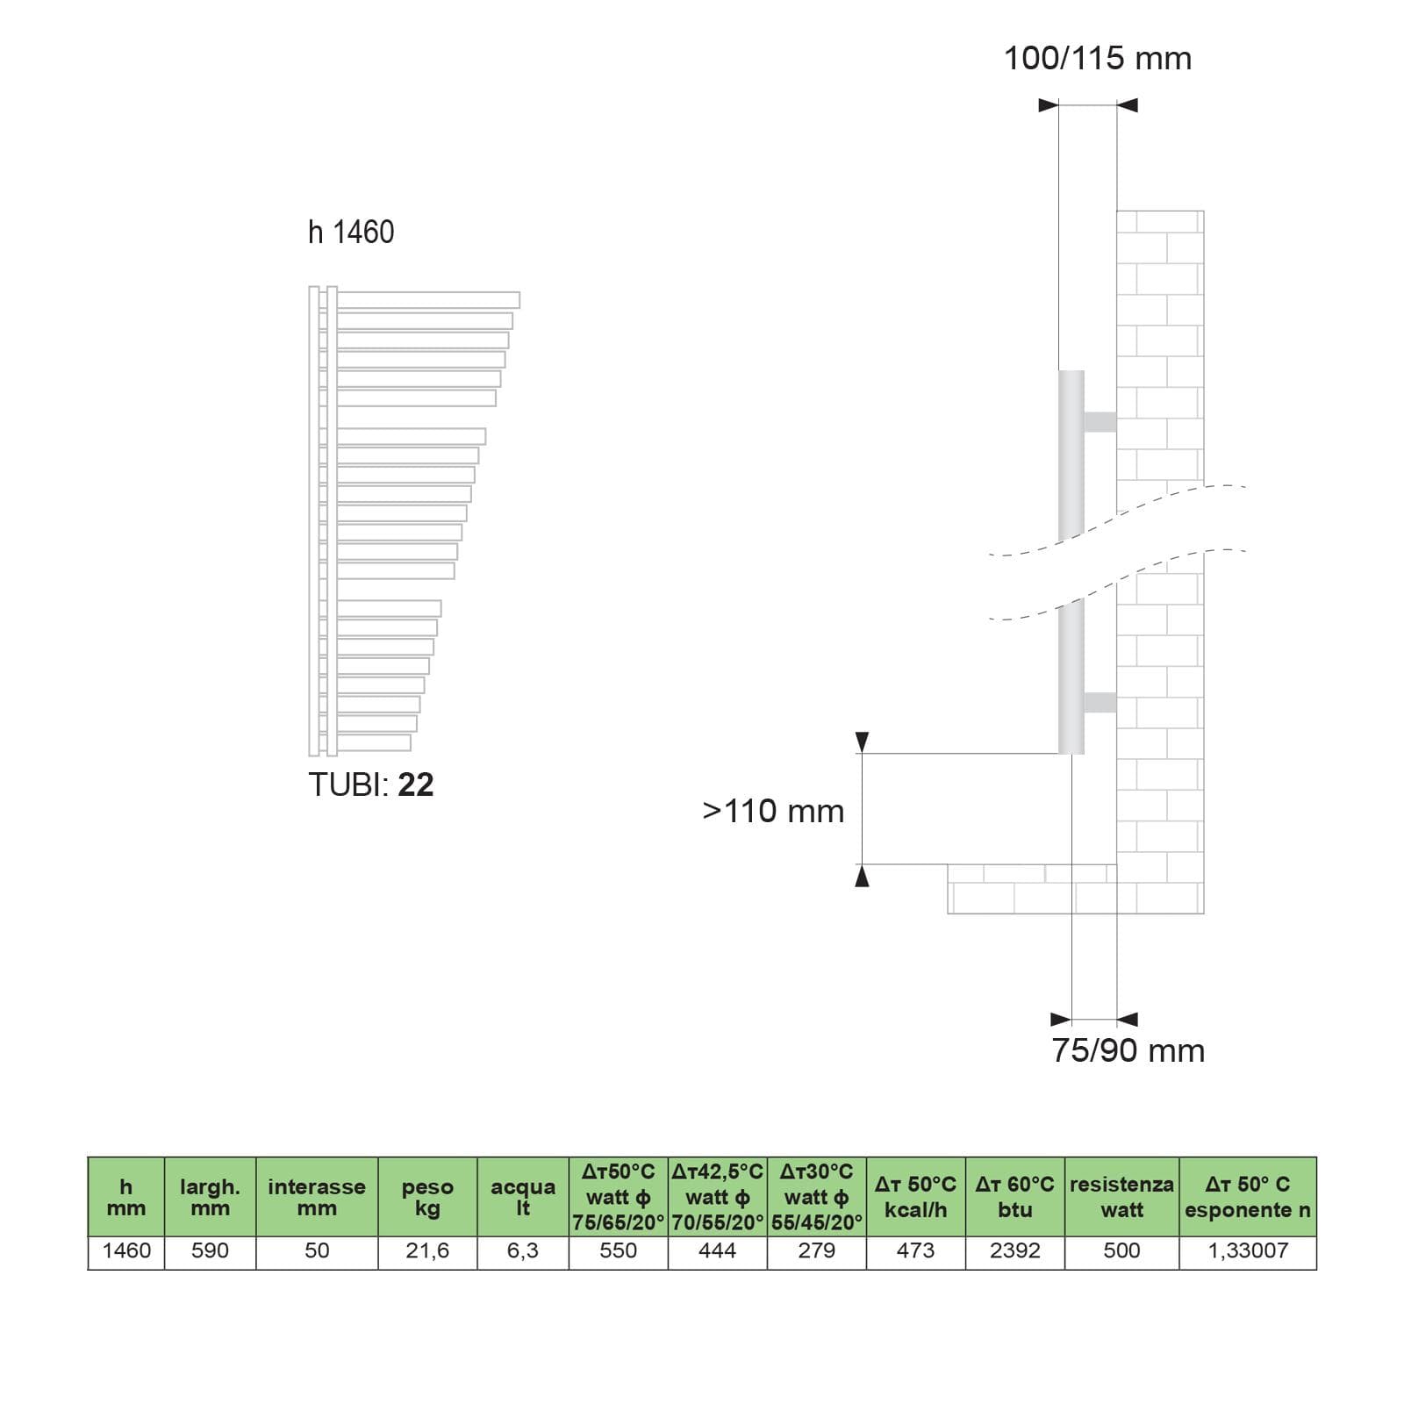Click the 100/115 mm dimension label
point(1098,59)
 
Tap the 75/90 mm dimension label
point(1128,1050)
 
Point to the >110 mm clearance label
point(773,811)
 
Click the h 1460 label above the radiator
point(351,232)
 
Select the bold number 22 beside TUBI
point(416,784)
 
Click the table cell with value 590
point(210,1250)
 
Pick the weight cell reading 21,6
point(427,1250)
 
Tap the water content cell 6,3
point(523,1250)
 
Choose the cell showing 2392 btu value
point(1015,1250)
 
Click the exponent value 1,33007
point(1248,1250)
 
